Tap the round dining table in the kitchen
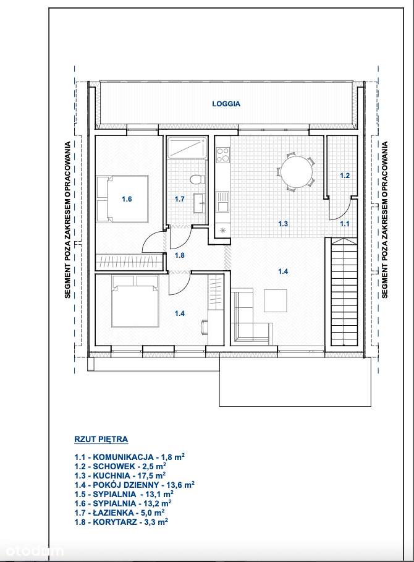point(295,171)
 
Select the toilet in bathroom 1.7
point(196,181)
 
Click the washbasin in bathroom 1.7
point(199,202)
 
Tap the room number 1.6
point(127,199)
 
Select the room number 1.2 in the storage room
point(345,176)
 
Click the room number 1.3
point(283,224)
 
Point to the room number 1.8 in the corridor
point(179,255)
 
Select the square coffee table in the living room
point(276,300)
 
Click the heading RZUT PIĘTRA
point(100,440)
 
